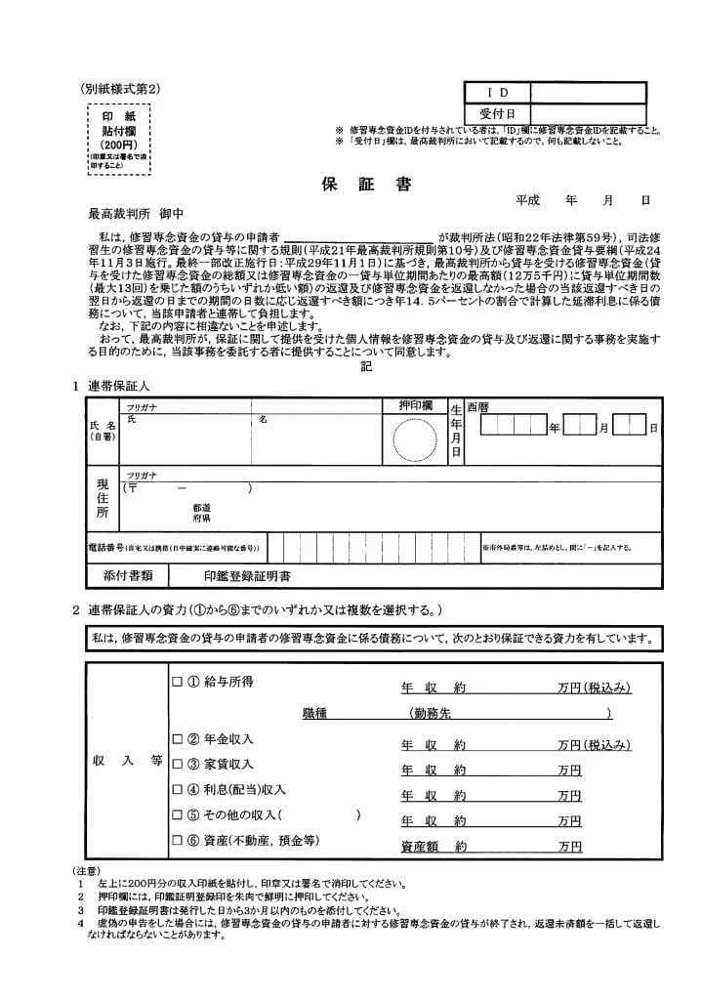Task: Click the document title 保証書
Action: coord(366,185)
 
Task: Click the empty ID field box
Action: coord(588,93)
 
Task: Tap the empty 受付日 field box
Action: coord(588,113)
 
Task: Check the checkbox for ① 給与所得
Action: coord(177,682)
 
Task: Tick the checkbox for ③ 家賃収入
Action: coord(177,764)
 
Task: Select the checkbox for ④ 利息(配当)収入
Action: coord(177,789)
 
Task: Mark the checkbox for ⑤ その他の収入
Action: coord(177,814)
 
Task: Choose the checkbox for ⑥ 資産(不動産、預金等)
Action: coord(177,840)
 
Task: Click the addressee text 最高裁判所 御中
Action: coord(136,213)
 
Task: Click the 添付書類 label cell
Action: coord(128,576)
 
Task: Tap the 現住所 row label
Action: coord(102,497)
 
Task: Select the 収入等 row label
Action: coord(127,763)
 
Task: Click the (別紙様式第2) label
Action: coord(121,88)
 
